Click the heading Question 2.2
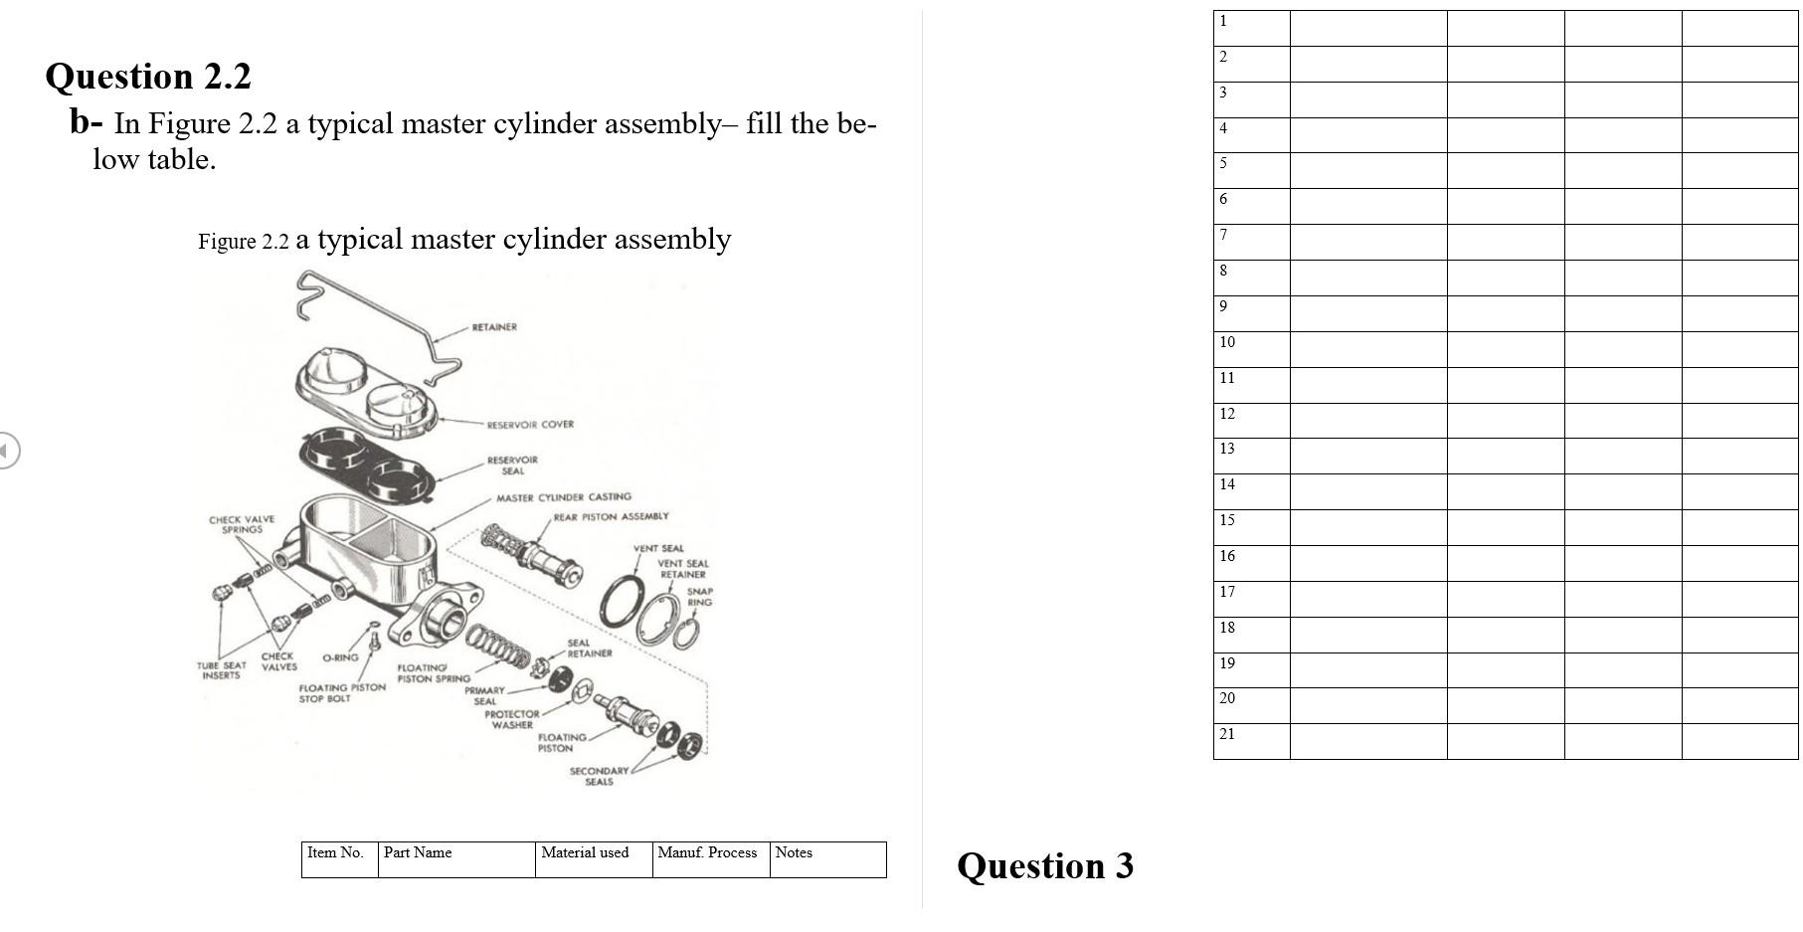point(148,77)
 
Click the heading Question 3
point(1044,865)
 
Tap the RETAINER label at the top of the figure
point(494,327)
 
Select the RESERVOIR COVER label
point(529,425)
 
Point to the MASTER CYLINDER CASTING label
point(563,497)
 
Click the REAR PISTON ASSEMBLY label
point(611,517)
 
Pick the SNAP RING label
point(699,597)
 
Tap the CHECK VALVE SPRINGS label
point(242,524)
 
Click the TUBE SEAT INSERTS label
point(221,670)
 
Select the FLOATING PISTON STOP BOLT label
point(341,693)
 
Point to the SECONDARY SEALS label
point(599,777)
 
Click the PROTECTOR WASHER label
point(512,719)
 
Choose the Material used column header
point(585,853)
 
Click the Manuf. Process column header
point(707,853)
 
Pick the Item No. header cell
point(335,853)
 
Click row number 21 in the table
point(1227,735)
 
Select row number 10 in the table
point(1227,343)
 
